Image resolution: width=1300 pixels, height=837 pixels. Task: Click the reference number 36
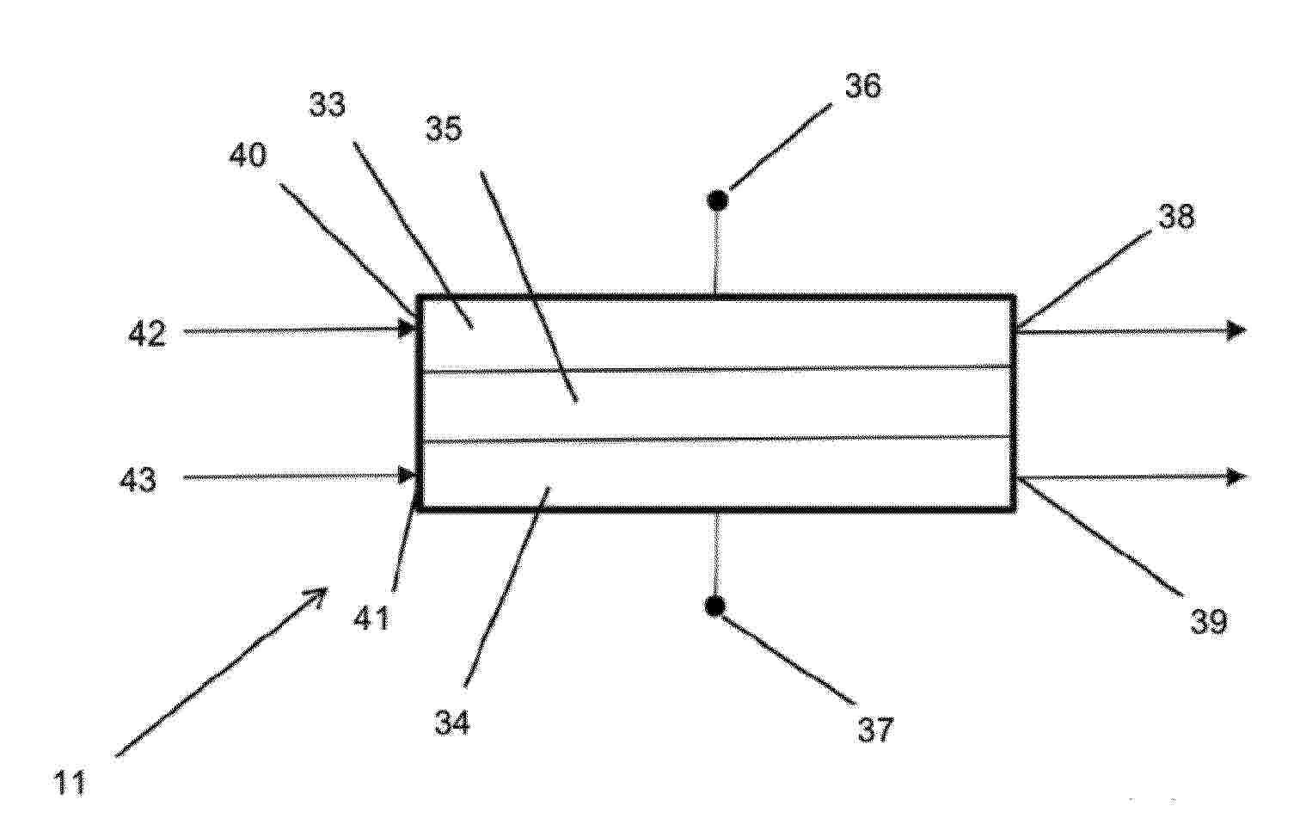(862, 87)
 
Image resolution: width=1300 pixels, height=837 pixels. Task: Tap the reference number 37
(875, 729)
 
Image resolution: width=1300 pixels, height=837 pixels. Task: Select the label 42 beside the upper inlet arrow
(147, 334)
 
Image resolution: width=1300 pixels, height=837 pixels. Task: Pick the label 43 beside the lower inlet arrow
(138, 480)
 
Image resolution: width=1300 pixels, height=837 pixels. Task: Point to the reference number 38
(1176, 216)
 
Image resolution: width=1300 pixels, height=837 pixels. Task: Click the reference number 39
(1209, 621)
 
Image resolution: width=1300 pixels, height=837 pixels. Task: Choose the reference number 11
(70, 783)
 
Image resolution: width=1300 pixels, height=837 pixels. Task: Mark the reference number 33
(327, 105)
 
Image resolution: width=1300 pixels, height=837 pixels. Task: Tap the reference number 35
(444, 128)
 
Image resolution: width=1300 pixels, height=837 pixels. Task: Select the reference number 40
(248, 155)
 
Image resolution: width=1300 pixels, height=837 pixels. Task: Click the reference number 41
(371, 618)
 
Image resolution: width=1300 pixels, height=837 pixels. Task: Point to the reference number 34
(452, 723)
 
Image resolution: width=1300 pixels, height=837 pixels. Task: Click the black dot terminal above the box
(718, 200)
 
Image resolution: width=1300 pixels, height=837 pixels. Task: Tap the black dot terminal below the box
(715, 606)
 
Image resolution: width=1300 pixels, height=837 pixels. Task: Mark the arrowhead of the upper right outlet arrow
(1237, 330)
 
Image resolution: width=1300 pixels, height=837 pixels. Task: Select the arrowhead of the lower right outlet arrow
(1237, 477)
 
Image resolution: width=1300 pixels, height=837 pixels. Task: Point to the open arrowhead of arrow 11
(316, 597)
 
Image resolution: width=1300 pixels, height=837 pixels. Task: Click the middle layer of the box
(717, 403)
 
